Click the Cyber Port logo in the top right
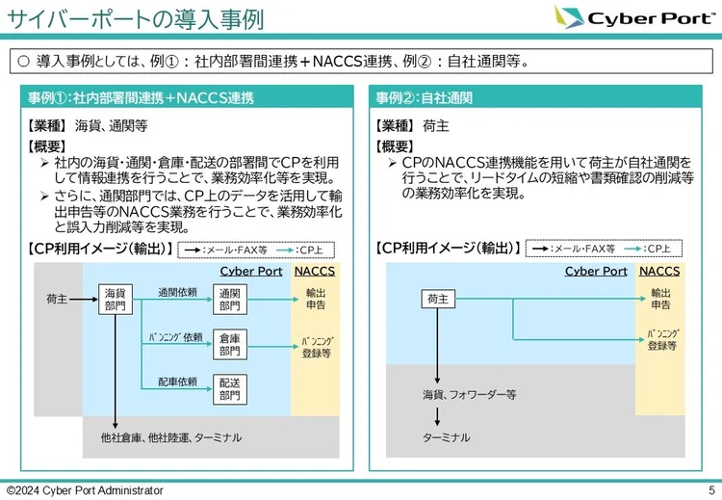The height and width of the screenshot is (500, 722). pyautogui.click(x=636, y=18)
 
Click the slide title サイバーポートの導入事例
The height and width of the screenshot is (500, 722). pyautogui.click(x=135, y=18)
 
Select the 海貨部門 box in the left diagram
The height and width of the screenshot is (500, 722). pyautogui.click(x=115, y=299)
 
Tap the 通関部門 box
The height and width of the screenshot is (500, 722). pyautogui.click(x=229, y=299)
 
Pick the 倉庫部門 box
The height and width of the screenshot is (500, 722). pyautogui.click(x=229, y=344)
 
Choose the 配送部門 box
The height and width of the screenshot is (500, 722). pyautogui.click(x=229, y=388)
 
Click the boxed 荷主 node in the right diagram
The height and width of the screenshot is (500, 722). pyautogui.click(x=438, y=299)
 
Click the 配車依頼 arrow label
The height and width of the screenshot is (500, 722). pyautogui.click(x=177, y=382)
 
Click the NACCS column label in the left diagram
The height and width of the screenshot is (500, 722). pyautogui.click(x=315, y=271)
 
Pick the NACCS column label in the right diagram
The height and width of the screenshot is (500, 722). pyautogui.click(x=659, y=271)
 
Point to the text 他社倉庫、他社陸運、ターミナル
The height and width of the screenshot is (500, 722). pyautogui.click(x=170, y=437)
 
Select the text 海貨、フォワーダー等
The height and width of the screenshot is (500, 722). pyautogui.click(x=469, y=394)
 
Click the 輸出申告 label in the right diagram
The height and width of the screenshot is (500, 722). pyautogui.click(x=660, y=299)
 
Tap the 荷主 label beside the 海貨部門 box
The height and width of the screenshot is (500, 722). pyautogui.click(x=57, y=299)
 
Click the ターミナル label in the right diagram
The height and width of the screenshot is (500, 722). pyautogui.click(x=447, y=437)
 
